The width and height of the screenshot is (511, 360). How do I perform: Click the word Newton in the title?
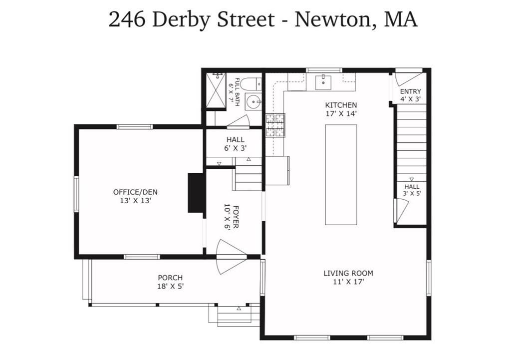(x=333, y=19)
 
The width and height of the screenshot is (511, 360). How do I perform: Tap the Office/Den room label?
(x=135, y=196)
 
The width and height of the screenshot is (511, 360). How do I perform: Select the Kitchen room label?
(x=341, y=109)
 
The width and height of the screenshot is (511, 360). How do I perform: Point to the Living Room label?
(x=348, y=277)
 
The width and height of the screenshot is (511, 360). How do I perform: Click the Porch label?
(x=170, y=282)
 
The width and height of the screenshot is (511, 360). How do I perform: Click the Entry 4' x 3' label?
(x=410, y=95)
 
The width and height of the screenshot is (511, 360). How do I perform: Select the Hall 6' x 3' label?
(x=236, y=144)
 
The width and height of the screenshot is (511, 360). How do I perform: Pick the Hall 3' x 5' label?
(x=412, y=190)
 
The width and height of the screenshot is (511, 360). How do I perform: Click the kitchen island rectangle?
(x=341, y=174)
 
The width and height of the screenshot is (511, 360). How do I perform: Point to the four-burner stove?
(x=275, y=125)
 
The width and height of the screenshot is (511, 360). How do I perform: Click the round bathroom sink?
(x=254, y=102)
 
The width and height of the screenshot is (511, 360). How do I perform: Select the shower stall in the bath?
(x=216, y=90)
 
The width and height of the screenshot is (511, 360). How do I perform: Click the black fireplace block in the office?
(x=196, y=193)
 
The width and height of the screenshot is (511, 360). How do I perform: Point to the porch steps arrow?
(x=239, y=308)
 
